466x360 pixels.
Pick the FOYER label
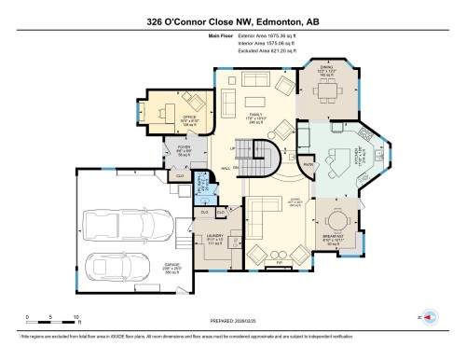click(x=185, y=150)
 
